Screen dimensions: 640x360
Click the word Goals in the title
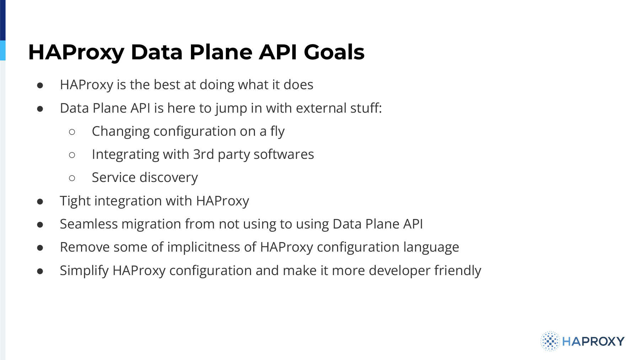[x=334, y=52]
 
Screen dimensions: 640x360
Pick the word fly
[x=277, y=131]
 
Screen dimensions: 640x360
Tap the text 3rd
[x=203, y=154]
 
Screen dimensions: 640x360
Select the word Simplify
[x=84, y=271]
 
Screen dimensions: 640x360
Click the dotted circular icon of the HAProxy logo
[x=550, y=341]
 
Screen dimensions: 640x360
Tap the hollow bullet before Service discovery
[x=72, y=178]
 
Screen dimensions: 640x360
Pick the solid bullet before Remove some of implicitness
[x=40, y=248]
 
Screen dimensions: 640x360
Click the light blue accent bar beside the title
[x=3, y=50]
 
